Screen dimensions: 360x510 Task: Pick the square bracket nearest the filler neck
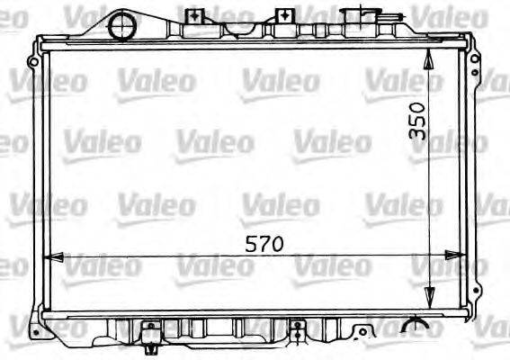pos(283,15)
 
